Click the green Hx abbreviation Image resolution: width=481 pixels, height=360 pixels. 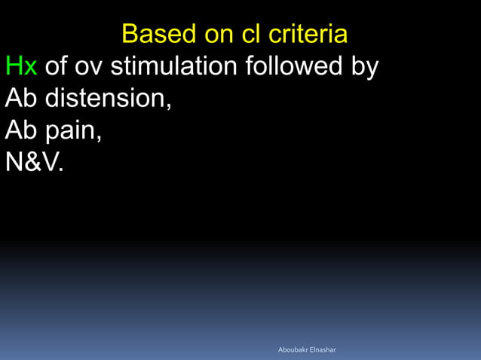coord(21,66)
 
